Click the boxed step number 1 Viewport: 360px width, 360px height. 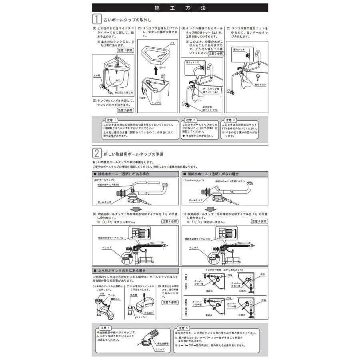click(96, 19)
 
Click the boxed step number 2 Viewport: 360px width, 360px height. click(96, 153)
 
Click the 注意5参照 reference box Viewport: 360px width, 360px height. click(169, 303)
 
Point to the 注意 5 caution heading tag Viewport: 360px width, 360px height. click(190, 328)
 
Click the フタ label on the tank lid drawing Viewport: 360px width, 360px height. click(172, 42)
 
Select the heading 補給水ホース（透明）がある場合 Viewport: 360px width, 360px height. click(120, 174)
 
